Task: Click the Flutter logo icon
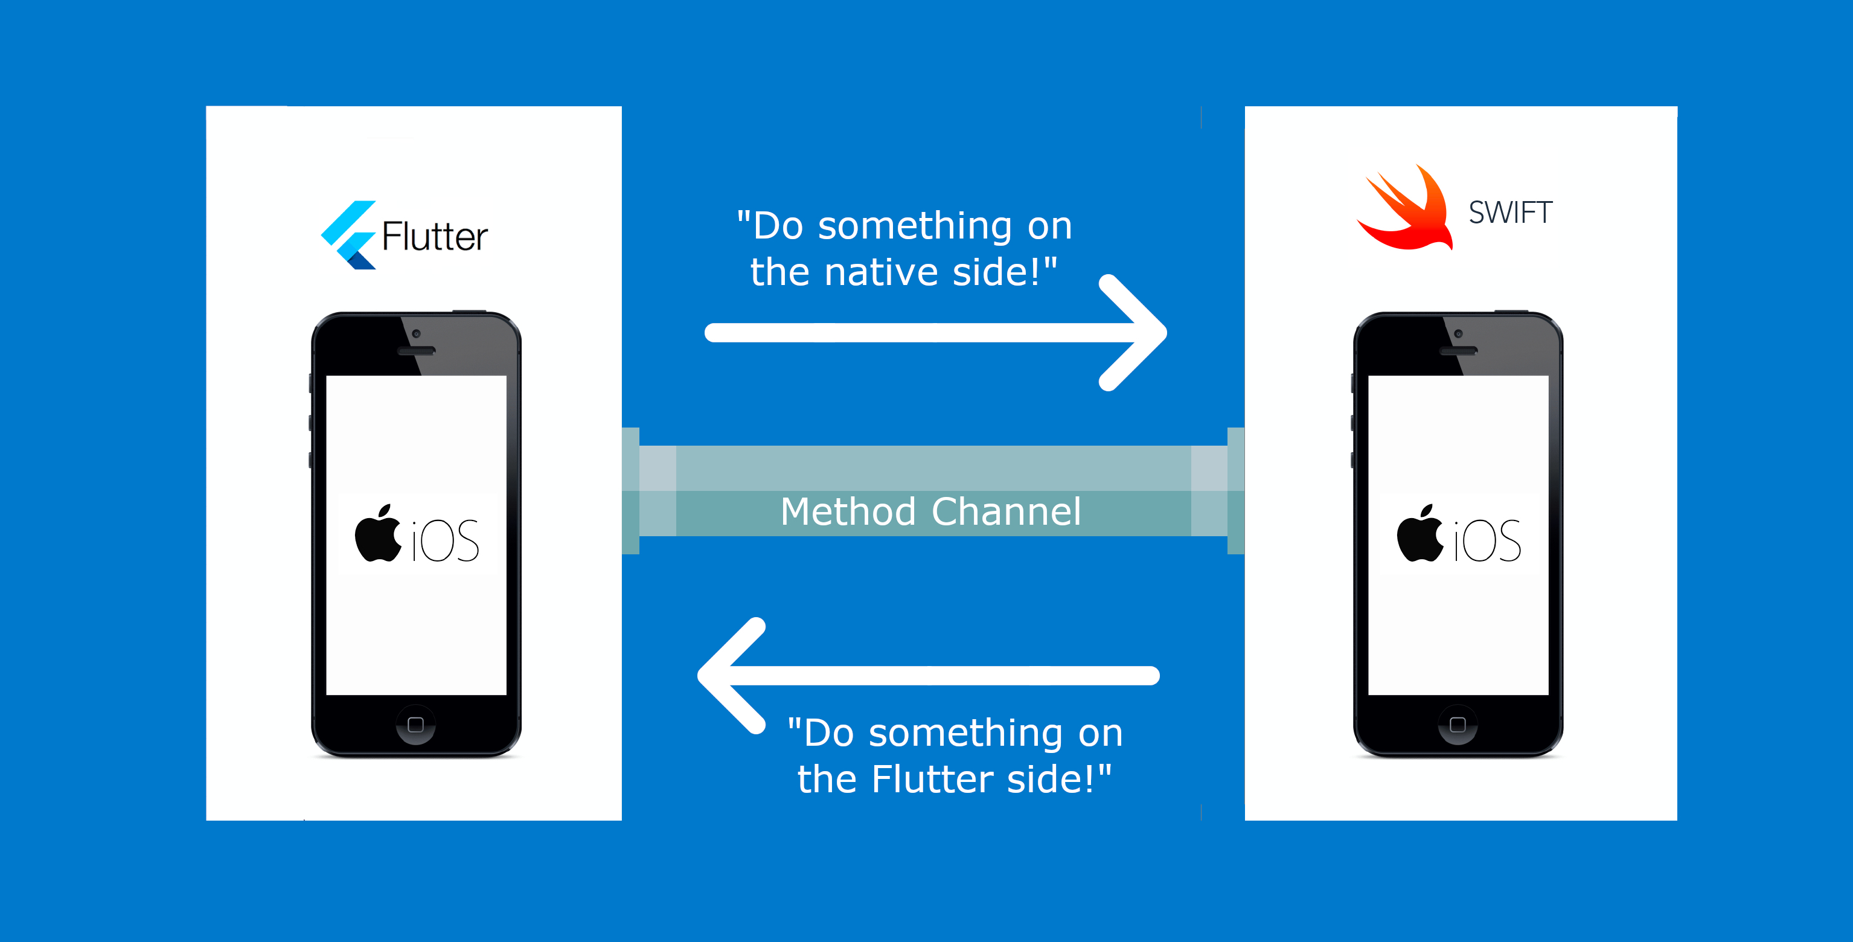click(349, 235)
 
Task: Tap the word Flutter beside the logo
click(435, 236)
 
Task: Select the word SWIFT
click(1511, 213)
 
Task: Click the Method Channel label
click(931, 511)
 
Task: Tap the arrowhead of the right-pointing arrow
click(1140, 333)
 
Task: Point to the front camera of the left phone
click(416, 334)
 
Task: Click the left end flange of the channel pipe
click(631, 491)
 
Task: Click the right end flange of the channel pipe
click(1236, 491)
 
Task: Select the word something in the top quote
click(915, 226)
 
